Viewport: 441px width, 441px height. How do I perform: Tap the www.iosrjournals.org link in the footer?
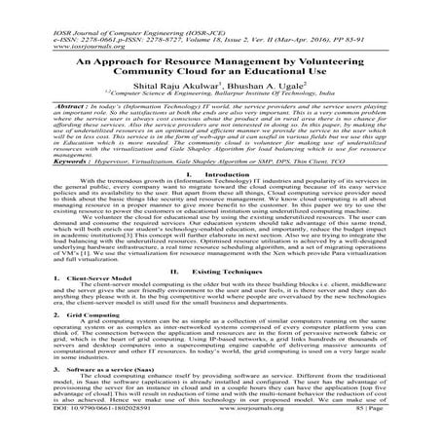coord(222,434)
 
